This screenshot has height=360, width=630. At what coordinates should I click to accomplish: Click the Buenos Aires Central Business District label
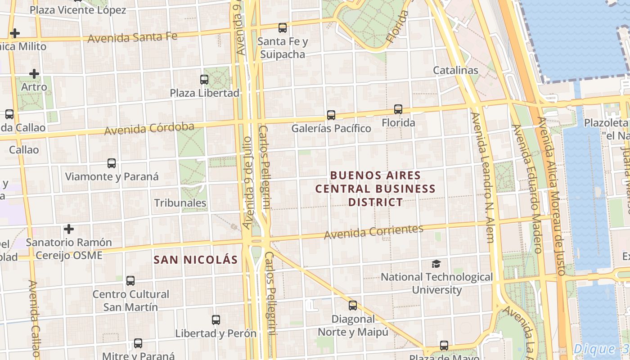point(375,189)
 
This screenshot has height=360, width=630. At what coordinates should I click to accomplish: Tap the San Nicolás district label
point(195,260)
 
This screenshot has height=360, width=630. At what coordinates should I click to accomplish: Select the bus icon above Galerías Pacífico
point(331,115)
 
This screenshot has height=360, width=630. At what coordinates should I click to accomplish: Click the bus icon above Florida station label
point(398,109)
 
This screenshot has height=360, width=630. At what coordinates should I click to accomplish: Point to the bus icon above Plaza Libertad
point(204,80)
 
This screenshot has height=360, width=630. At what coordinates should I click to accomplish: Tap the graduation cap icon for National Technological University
point(436,264)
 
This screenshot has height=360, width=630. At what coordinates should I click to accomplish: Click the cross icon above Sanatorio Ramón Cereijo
point(68,229)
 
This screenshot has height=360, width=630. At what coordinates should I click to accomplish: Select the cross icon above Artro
point(34,74)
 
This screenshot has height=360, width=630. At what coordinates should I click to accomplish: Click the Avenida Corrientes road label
point(373,231)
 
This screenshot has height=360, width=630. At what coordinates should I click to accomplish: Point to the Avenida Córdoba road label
point(149,129)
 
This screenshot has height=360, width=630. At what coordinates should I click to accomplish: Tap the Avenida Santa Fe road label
point(132,37)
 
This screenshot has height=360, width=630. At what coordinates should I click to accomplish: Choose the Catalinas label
point(455,70)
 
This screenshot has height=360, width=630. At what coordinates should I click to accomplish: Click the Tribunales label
point(180,203)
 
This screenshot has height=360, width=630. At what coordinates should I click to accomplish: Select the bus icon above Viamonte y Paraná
point(112,163)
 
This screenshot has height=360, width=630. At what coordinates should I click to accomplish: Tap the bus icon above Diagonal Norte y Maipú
point(353,306)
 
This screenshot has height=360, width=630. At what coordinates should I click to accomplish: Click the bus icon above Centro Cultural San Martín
point(130,281)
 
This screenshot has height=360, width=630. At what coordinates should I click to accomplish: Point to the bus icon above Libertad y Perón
point(216,320)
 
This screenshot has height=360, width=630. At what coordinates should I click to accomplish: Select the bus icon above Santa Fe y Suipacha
point(283,28)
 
